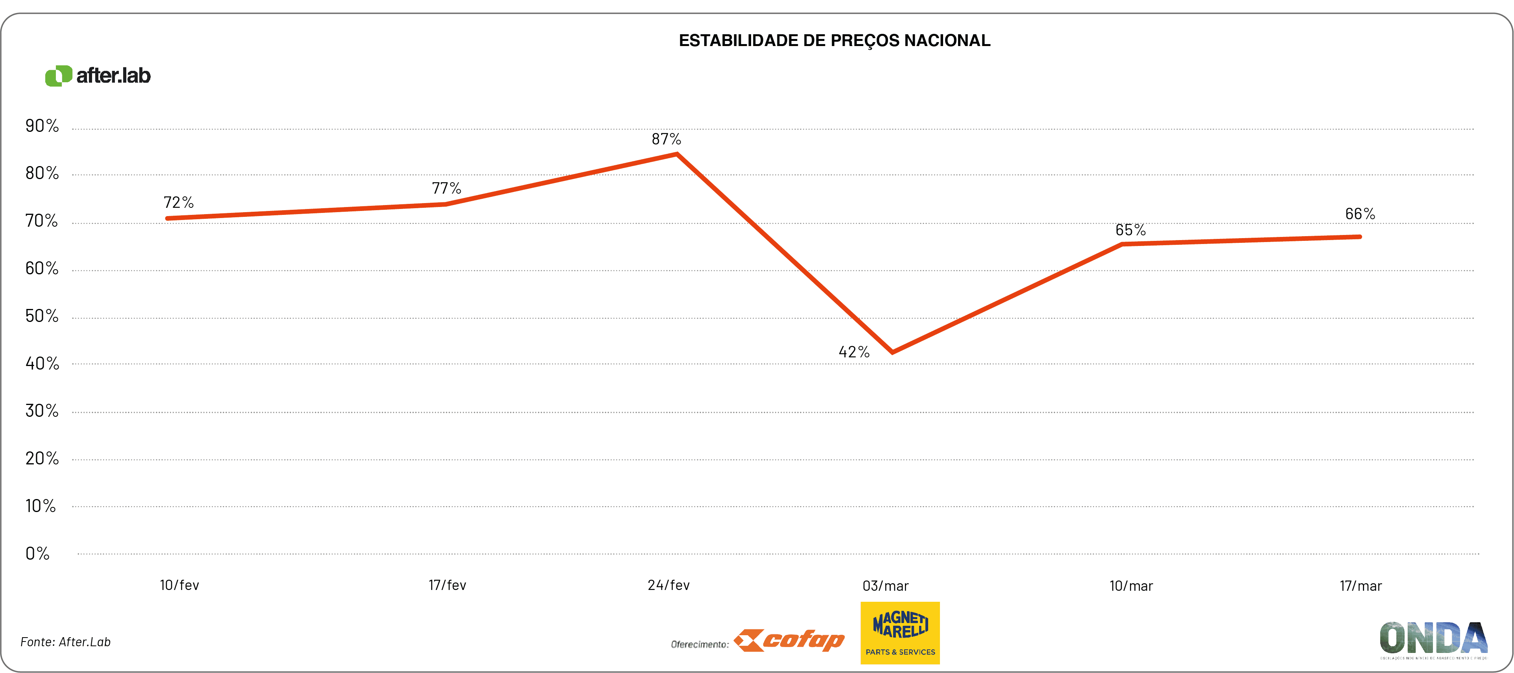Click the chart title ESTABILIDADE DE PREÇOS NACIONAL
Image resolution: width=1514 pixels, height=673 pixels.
(834, 41)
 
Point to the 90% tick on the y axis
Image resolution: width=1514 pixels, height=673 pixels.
(42, 126)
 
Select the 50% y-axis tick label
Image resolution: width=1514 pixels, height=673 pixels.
(42, 316)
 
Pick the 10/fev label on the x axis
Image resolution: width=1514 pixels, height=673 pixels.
(179, 585)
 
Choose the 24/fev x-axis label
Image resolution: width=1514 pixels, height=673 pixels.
(668, 585)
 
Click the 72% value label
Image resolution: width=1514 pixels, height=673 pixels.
(178, 203)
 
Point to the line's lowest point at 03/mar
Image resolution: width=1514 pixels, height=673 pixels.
(892, 352)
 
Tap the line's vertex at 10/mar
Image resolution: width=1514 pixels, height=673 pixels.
(1122, 244)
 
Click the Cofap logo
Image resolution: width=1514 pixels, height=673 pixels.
(789, 640)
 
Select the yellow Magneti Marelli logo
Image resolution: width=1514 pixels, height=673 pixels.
(900, 633)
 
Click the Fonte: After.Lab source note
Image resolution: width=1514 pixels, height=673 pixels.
(65, 642)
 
